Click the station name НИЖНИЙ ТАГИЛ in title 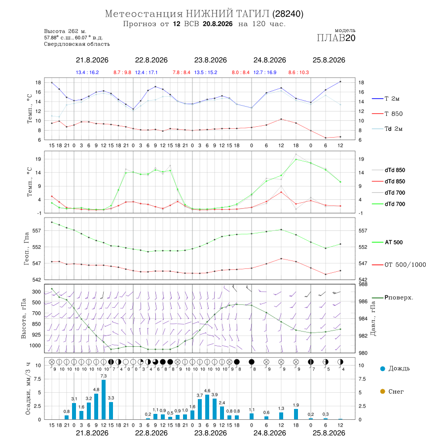pyautogui.click(x=227, y=14)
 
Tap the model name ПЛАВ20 pyautogui.click(x=336, y=38)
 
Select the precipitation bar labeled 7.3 pyautogui.click(x=104, y=400)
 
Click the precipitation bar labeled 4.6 pyautogui.click(x=207, y=407)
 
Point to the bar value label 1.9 pyautogui.click(x=296, y=405)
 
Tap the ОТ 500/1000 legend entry pyautogui.click(x=399, y=265)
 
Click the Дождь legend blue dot pyautogui.click(x=383, y=369)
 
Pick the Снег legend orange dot pyautogui.click(x=383, y=392)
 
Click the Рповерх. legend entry pyautogui.click(x=393, y=297)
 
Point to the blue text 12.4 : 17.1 pyautogui.click(x=146, y=73)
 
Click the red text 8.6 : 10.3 pyautogui.click(x=298, y=73)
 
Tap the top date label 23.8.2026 pyautogui.click(x=210, y=60)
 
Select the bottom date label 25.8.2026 pyautogui.click(x=329, y=433)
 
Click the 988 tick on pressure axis pyautogui.click(x=363, y=284)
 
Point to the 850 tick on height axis pyautogui.click(x=36, y=324)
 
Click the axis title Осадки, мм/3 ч pyautogui.click(x=28, y=389)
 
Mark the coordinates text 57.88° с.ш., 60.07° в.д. pyautogui.click(x=74, y=37)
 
